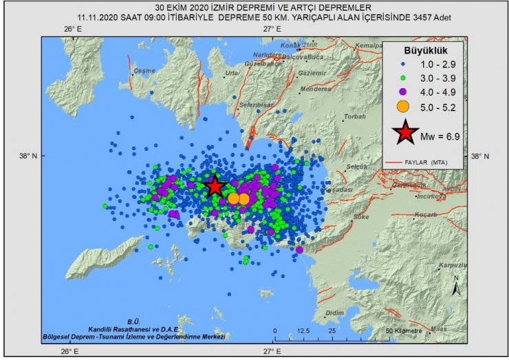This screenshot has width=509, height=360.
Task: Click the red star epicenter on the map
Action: [x=215, y=186]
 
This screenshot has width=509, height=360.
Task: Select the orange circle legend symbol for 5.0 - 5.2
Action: [x=404, y=105]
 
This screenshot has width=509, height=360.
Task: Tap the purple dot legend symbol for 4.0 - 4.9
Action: [x=404, y=91]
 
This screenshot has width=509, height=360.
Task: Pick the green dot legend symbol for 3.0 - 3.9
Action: [x=404, y=77]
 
